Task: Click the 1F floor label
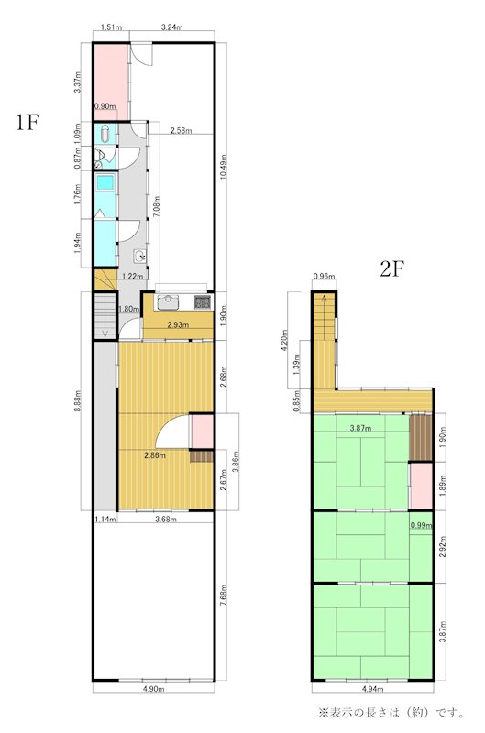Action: pyautogui.click(x=27, y=122)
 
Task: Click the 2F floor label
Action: pyautogui.click(x=391, y=268)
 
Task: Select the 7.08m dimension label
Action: pyautogui.click(x=158, y=207)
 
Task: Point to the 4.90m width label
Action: pyautogui.click(x=154, y=689)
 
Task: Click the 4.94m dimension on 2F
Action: pyautogui.click(x=373, y=689)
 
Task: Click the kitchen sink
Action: pyautogui.click(x=169, y=302)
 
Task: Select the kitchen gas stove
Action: pyautogui.click(x=203, y=302)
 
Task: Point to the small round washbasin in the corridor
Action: pyautogui.click(x=140, y=256)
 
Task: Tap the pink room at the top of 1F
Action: pyautogui.click(x=111, y=82)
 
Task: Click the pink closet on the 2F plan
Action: pyautogui.click(x=421, y=486)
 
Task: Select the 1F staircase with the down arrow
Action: pyautogui.click(x=105, y=315)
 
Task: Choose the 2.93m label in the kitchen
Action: pyautogui.click(x=178, y=325)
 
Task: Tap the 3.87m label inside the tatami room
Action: pyautogui.click(x=361, y=428)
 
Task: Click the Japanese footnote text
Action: pyautogui.click(x=391, y=713)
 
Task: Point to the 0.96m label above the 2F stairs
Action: pyautogui.click(x=324, y=277)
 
